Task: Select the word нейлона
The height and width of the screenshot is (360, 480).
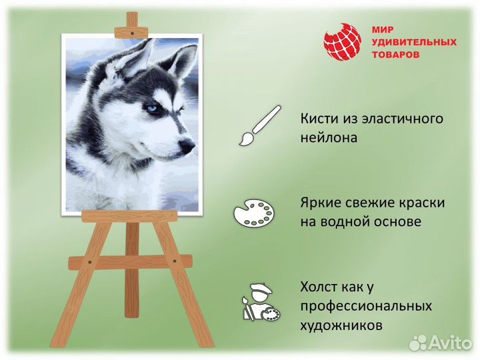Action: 329,138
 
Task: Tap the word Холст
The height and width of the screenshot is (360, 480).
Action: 321,287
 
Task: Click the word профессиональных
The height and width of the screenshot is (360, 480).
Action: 366,307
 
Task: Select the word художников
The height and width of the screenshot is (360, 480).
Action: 341,326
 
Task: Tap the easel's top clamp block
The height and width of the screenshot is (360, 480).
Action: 132,31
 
